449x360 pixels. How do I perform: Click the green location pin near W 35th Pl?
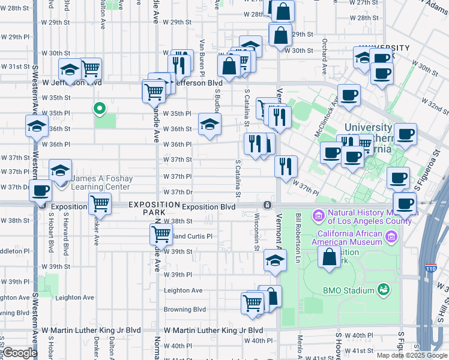pos(100,109)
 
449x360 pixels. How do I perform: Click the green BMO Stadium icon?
pos(383,290)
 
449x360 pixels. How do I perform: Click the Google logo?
pos(20,353)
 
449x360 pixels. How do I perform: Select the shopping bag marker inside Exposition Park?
pos(330,257)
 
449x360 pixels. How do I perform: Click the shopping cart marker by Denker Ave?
pos(100,205)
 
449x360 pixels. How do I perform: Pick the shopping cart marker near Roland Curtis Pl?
pos(161,234)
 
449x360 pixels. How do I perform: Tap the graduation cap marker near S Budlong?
pos(209,125)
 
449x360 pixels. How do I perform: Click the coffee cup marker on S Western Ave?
pos(41,191)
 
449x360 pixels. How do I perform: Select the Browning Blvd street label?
pos(185,310)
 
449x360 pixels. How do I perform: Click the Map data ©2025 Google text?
pos(411,355)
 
